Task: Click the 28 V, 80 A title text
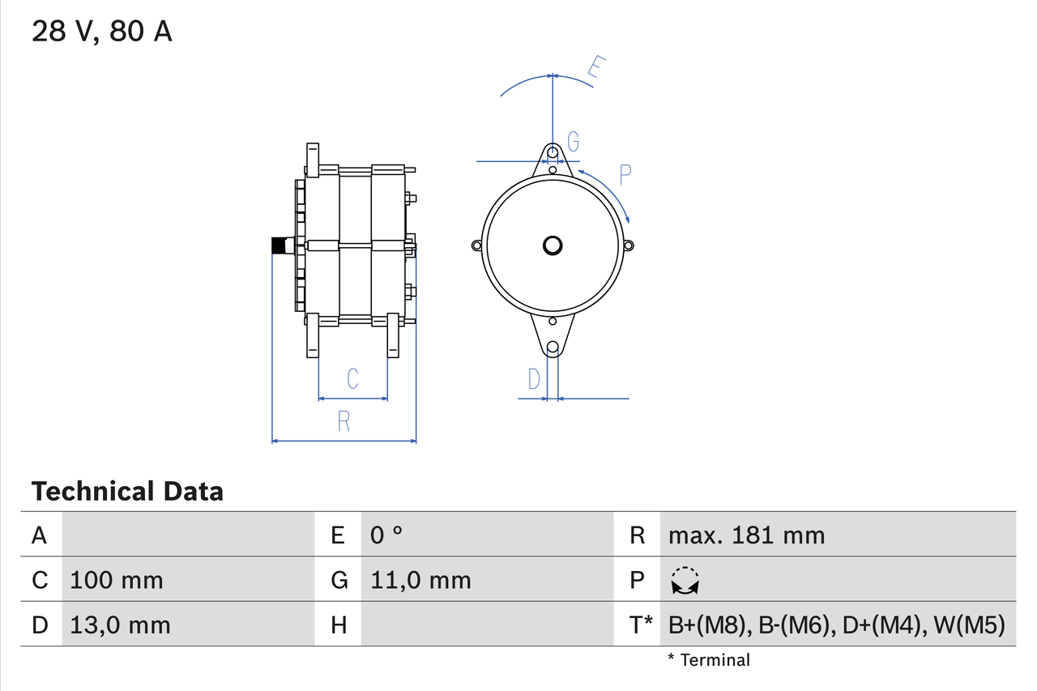click(101, 32)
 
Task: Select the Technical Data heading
click(127, 491)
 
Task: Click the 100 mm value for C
click(117, 580)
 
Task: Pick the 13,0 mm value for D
click(120, 625)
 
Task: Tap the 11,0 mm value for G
click(420, 580)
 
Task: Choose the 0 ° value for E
click(386, 535)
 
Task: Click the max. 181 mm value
click(746, 535)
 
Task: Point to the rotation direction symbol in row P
click(685, 580)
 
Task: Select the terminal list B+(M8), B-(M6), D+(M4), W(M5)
click(836, 625)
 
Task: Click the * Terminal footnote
click(709, 660)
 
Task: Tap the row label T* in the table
click(641, 625)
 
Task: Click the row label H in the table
click(339, 625)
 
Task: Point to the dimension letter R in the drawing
click(344, 421)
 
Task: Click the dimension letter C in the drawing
click(352, 378)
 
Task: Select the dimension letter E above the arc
click(596, 69)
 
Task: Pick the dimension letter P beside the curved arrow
click(625, 173)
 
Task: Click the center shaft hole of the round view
click(553, 245)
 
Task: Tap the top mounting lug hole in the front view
click(553, 151)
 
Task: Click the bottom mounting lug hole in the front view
click(553, 348)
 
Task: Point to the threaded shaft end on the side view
click(280, 245)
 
